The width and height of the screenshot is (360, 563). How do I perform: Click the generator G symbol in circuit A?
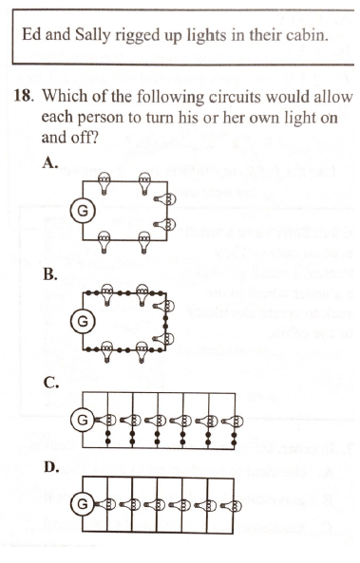(83, 211)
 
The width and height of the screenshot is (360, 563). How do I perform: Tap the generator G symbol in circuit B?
(83, 321)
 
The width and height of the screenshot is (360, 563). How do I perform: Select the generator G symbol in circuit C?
(83, 420)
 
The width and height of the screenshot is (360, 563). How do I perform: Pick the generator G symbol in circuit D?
(83, 504)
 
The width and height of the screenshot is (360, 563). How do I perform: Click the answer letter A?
(50, 162)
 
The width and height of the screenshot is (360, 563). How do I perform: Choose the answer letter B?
(50, 274)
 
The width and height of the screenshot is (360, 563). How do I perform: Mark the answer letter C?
(51, 384)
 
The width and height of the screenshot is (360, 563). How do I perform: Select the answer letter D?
(51, 467)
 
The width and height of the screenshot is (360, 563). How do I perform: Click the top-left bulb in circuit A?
(104, 183)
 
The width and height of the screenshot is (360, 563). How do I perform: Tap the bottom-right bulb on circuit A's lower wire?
(144, 242)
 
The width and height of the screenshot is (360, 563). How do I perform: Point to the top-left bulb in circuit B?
(106, 294)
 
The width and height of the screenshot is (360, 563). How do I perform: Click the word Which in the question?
(63, 96)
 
